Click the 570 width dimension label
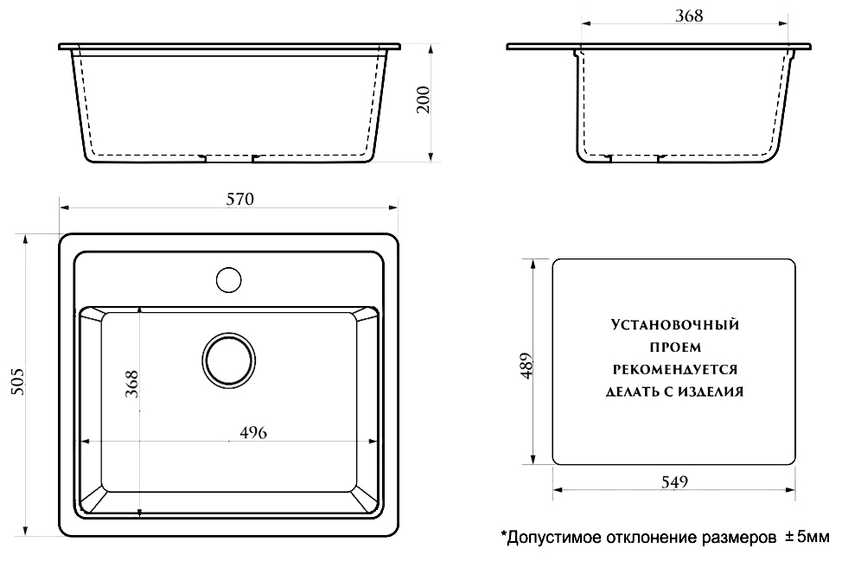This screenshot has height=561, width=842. [x=240, y=199]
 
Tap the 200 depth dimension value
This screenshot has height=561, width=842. [x=424, y=101]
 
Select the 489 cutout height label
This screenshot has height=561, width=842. [x=526, y=366]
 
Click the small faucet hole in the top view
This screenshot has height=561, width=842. [x=228, y=280]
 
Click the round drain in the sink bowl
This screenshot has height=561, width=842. [x=230, y=361]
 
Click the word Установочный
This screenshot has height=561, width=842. [x=674, y=326]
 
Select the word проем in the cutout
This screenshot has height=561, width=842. [x=674, y=347]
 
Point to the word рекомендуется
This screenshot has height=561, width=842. [x=674, y=368]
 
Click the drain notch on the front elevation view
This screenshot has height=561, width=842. [x=228, y=159]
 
